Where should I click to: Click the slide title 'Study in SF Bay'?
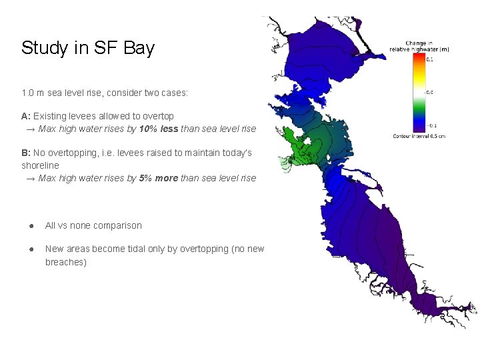87,48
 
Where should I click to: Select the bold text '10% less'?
159,128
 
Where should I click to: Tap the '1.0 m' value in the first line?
32,93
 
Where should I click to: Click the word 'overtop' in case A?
159,116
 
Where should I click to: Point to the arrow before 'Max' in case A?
31,128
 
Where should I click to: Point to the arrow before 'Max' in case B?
31,178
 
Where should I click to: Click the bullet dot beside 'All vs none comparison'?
31,225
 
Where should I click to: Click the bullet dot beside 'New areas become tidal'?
31,249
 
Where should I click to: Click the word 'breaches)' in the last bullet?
65,262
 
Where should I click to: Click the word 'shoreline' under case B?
40,165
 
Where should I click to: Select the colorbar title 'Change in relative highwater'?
419,47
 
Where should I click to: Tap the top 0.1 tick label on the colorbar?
430,60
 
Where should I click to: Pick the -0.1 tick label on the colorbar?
432,125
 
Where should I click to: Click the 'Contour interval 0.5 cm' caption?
419,136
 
